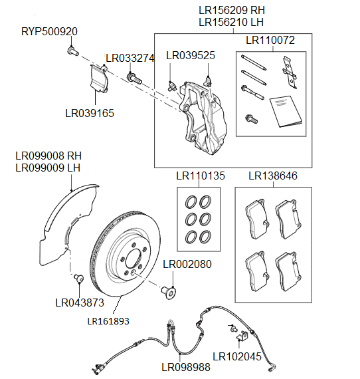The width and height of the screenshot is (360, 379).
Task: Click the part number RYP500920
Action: click(49, 32)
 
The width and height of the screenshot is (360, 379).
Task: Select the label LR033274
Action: click(130, 59)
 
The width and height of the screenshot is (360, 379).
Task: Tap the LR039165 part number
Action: click(90, 113)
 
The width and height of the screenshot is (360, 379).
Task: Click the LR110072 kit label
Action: click(270, 41)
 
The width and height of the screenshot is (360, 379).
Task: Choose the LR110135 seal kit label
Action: click(201, 177)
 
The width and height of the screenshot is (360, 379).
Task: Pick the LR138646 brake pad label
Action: click(273, 177)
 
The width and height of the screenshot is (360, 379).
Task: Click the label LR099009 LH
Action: click(48, 168)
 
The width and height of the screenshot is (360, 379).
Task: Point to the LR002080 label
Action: click(187, 264)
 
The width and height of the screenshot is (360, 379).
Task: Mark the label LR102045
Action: click(237, 356)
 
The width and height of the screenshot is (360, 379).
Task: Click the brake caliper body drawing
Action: click(205, 116)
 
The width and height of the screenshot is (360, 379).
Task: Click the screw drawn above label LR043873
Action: click(77, 277)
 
